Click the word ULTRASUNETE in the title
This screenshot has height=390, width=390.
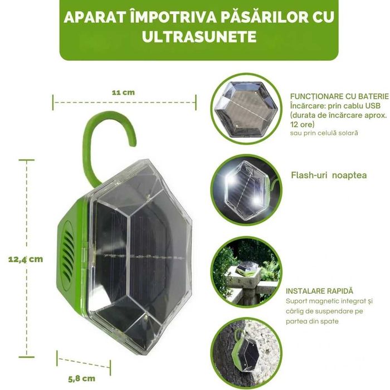[199, 37]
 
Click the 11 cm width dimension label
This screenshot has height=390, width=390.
[123, 92]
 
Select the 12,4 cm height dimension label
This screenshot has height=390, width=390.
[26, 260]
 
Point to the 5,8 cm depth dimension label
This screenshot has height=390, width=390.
[81, 378]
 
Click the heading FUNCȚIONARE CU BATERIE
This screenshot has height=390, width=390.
[339, 96]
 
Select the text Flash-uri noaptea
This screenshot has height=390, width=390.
[329, 175]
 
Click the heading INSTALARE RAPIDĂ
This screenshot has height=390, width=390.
[319, 291]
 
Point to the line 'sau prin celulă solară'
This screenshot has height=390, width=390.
[324, 133]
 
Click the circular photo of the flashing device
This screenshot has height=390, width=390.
[246, 191]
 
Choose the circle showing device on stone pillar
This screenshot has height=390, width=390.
[246, 272]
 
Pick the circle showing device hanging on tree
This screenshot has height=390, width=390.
[246, 353]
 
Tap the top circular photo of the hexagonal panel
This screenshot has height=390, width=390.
[246, 109]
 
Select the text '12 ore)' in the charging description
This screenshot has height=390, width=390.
[302, 124]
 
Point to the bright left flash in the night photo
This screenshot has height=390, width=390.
[231, 179]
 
